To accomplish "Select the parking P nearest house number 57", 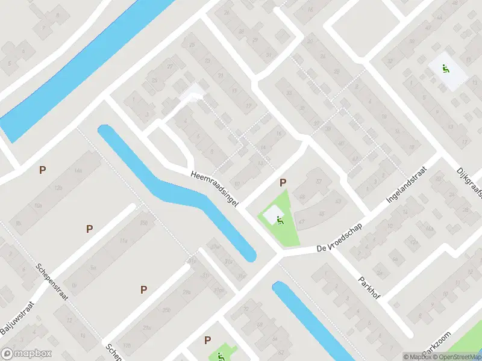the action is pos(283,182).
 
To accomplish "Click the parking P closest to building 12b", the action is pos(42,170).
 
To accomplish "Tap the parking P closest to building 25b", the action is pos(143,289).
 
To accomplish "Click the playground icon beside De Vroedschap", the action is pos(280,220).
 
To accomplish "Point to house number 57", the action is pos(319,181).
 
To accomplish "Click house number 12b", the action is pos(58,188).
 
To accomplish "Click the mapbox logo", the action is pos(27,354).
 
